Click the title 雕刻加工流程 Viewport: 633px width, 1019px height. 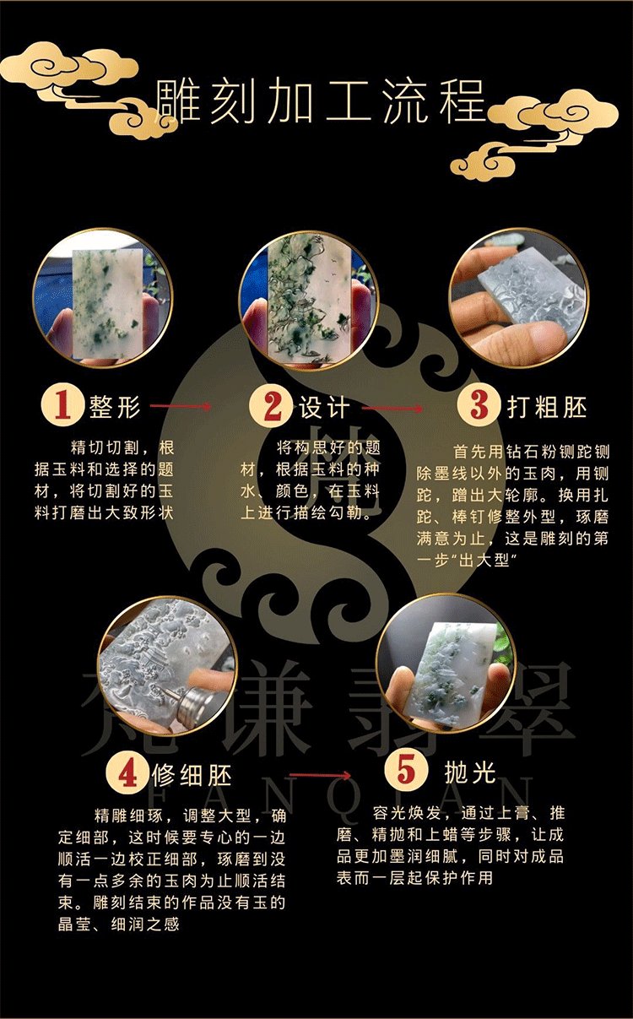(x=320, y=101)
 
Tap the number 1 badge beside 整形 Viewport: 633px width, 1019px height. (x=62, y=404)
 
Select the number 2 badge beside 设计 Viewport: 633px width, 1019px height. (x=271, y=405)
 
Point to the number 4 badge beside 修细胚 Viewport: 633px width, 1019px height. (x=127, y=772)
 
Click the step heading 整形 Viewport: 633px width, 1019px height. (x=115, y=406)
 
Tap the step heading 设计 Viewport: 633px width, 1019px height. (x=323, y=407)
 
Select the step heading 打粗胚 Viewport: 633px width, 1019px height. (x=546, y=406)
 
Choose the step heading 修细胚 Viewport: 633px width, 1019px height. (x=192, y=774)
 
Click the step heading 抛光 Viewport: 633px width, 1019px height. (x=470, y=771)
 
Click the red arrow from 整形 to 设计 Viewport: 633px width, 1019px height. (x=181, y=406)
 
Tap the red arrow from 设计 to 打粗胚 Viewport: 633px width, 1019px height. (x=392, y=408)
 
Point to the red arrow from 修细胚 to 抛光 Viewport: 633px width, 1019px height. (x=320, y=775)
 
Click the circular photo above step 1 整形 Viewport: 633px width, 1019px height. (x=103, y=298)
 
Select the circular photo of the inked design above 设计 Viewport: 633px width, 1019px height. (x=309, y=301)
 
